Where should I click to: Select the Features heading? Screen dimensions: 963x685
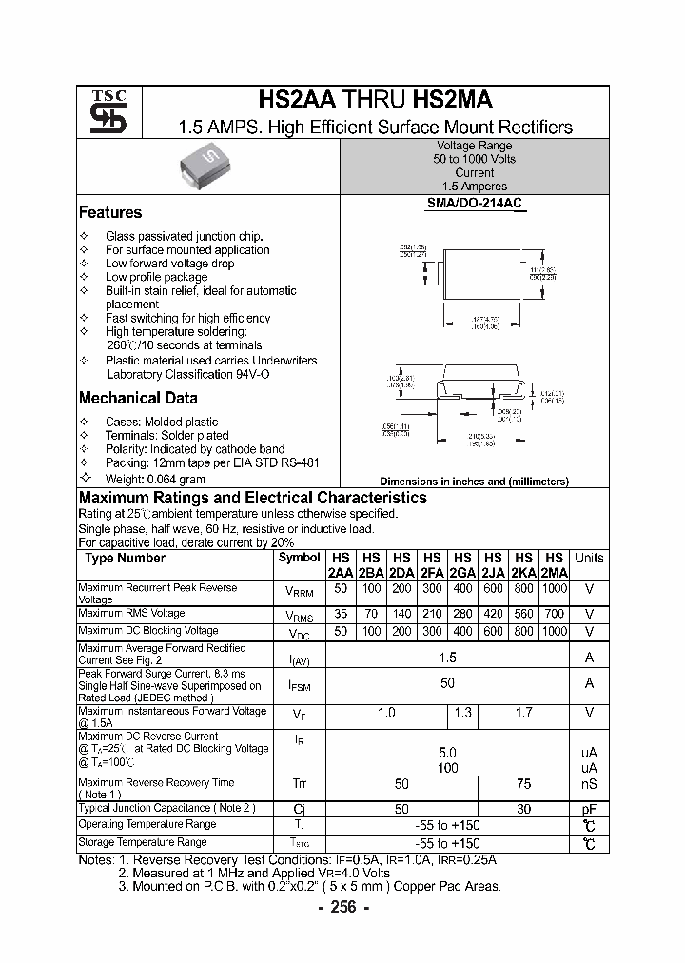[x=110, y=213]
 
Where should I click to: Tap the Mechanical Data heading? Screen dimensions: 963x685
[x=138, y=399]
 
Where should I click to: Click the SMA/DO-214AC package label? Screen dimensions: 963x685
[x=475, y=205]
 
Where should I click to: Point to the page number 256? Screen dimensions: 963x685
[x=342, y=908]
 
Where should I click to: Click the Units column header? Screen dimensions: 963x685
[x=589, y=558]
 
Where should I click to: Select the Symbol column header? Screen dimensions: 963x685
[x=300, y=558]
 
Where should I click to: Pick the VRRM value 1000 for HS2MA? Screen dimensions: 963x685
[x=554, y=590]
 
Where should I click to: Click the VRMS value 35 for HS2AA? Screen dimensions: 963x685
[x=341, y=615]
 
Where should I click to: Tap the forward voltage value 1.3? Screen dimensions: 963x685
[x=462, y=712]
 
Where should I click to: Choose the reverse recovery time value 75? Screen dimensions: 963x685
[x=523, y=783]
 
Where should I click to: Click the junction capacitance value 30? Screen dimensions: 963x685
[x=523, y=809]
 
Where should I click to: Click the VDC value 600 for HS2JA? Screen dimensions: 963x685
[x=493, y=631]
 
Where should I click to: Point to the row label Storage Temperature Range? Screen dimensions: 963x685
[x=143, y=843]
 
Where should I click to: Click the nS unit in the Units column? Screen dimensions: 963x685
[x=589, y=783]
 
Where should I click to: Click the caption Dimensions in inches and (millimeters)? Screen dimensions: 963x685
[x=474, y=481]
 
